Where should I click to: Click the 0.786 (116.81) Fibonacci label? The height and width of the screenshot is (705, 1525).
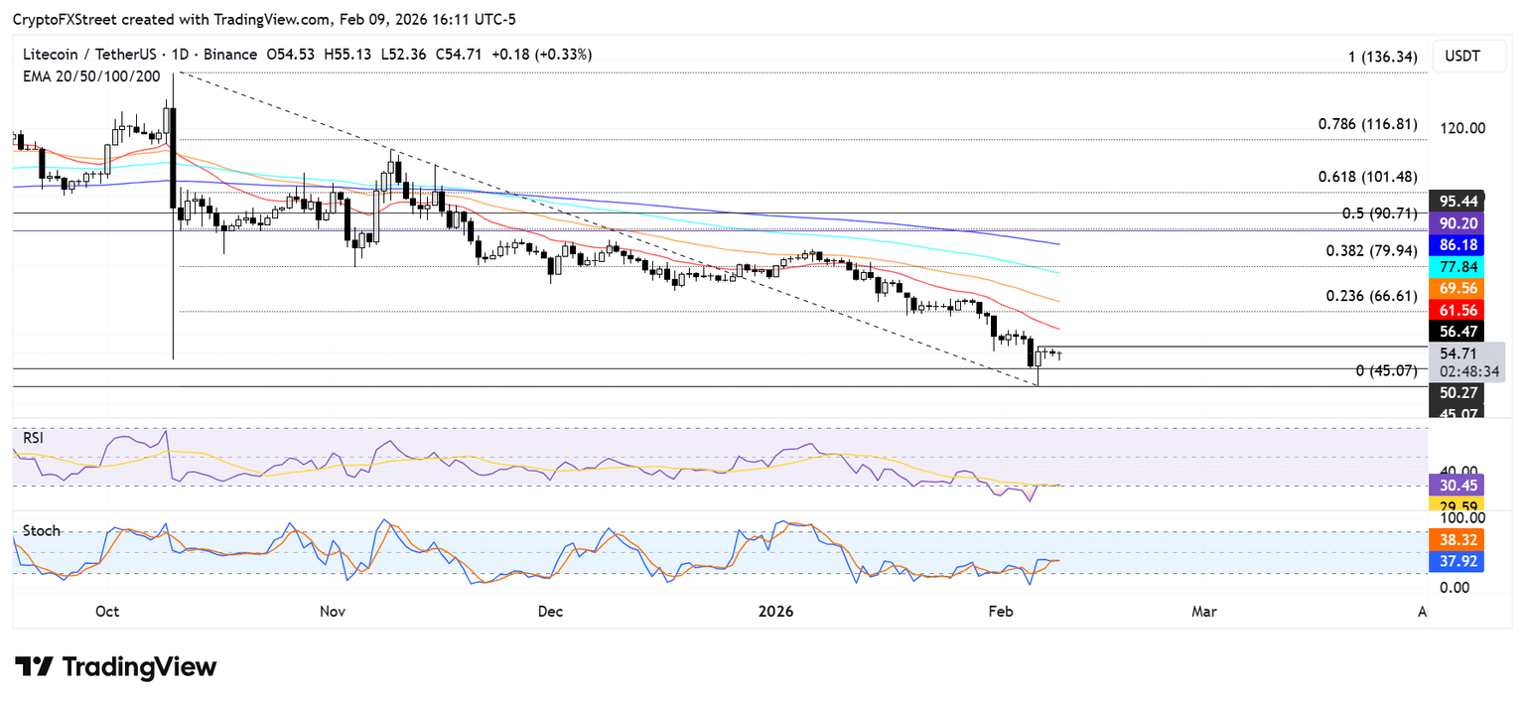click(1367, 125)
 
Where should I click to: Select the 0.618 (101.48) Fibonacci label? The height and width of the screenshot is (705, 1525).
click(1367, 178)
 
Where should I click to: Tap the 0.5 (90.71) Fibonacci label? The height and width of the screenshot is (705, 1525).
click(1374, 213)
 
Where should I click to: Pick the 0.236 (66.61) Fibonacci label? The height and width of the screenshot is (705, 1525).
click(1367, 296)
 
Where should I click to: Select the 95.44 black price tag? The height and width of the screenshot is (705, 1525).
click(1456, 200)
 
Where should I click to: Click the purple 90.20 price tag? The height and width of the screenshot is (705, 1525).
click(1456, 222)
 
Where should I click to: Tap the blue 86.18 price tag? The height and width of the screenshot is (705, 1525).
click(1456, 243)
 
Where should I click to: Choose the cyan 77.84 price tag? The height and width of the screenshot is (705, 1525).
click(1456, 265)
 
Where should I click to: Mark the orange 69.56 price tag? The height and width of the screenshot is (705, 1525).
click(1456, 287)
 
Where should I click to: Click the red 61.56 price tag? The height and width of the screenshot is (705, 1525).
click(1456, 310)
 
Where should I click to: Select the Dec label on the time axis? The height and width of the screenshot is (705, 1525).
click(550, 612)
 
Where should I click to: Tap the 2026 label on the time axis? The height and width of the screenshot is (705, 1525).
click(776, 612)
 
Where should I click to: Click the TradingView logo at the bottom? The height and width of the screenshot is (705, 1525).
click(115, 666)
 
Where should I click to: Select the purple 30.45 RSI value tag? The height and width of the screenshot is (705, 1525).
click(1456, 486)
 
